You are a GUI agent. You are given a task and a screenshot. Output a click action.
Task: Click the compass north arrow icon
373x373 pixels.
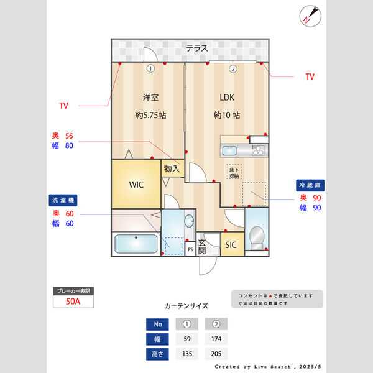pyautogui.click(x=309, y=16)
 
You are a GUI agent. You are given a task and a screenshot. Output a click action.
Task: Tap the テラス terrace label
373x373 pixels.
pyautogui.click(x=196, y=48)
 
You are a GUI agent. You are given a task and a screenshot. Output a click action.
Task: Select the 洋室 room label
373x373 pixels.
pyautogui.click(x=150, y=98)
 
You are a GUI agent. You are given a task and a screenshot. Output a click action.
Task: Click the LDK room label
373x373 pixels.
pyautogui.click(x=227, y=98)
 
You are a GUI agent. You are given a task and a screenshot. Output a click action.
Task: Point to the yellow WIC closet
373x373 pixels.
pyautogui.click(x=137, y=185)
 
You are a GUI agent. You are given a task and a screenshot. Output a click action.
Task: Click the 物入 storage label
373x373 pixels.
pyautogui.click(x=172, y=168)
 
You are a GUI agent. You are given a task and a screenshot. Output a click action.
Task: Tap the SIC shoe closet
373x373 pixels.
pyautogui.click(x=231, y=244)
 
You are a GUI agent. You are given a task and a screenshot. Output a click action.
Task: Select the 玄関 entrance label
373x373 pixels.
pyautogui.click(x=202, y=247)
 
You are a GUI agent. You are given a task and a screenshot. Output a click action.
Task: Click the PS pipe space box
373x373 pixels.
pyautogui.click(x=190, y=249)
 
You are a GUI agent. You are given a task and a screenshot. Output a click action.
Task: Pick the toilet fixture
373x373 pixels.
pyautogui.click(x=256, y=237)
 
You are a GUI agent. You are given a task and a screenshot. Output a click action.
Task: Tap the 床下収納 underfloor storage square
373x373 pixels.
pyautogui.click(x=234, y=173)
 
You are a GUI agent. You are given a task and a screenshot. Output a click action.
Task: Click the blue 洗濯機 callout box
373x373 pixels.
pyautogui.click(x=63, y=201)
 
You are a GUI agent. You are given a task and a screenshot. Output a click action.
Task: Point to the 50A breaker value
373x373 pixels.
pyautogui.click(x=73, y=302)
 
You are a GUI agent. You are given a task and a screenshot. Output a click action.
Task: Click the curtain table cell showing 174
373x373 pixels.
pyautogui.click(x=216, y=339)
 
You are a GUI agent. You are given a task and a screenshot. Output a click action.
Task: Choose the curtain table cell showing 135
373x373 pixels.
pyautogui.click(x=186, y=354)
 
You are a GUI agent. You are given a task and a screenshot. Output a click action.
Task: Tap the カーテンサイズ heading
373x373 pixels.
pyautogui.click(x=186, y=306)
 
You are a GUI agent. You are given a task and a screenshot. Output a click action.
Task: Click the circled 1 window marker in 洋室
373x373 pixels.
pyautogui.click(x=150, y=68)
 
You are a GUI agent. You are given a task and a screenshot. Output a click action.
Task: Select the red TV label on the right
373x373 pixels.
pyautogui.click(x=310, y=77)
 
